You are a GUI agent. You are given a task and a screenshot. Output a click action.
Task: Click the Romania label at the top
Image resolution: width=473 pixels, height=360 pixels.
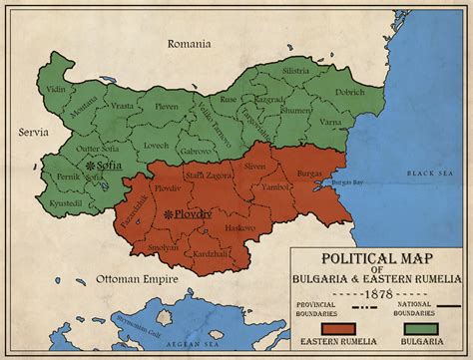coord(189,44)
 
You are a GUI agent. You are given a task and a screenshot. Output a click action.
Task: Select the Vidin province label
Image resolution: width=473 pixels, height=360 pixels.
coord(58,89)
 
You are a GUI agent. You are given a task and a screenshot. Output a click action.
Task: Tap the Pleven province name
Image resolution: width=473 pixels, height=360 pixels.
coord(167,105)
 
